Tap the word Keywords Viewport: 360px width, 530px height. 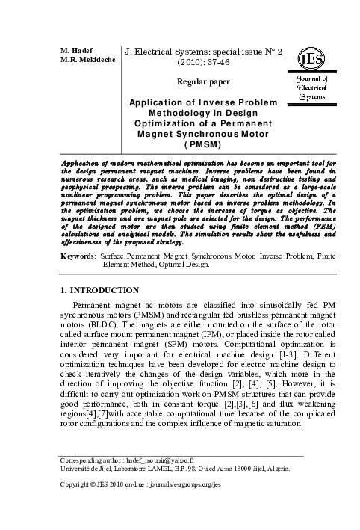click(77, 256)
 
